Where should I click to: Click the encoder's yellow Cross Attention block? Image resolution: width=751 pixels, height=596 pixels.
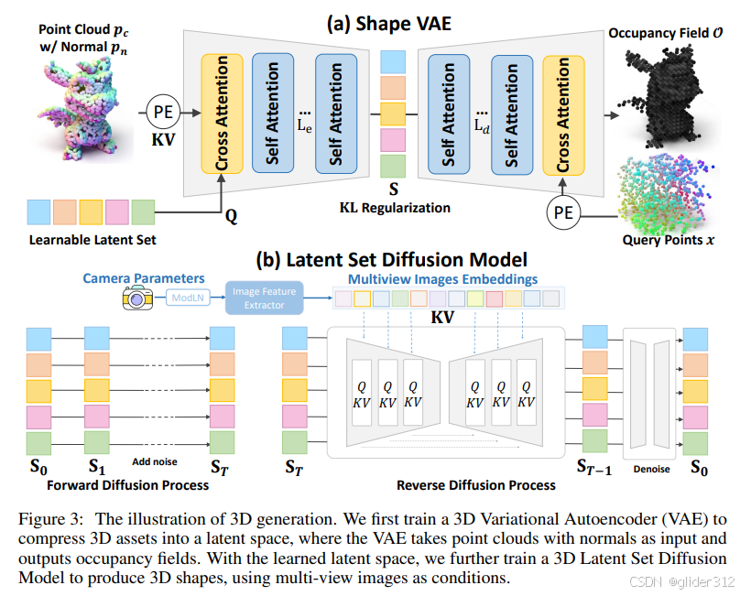tap(221, 114)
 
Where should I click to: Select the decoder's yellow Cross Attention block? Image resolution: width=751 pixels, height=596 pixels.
tap(563, 114)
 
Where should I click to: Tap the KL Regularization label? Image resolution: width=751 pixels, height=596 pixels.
tap(395, 208)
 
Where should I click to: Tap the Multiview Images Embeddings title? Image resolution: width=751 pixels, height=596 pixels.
tap(441, 278)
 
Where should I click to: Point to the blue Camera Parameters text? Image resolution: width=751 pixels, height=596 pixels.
tap(145, 276)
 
